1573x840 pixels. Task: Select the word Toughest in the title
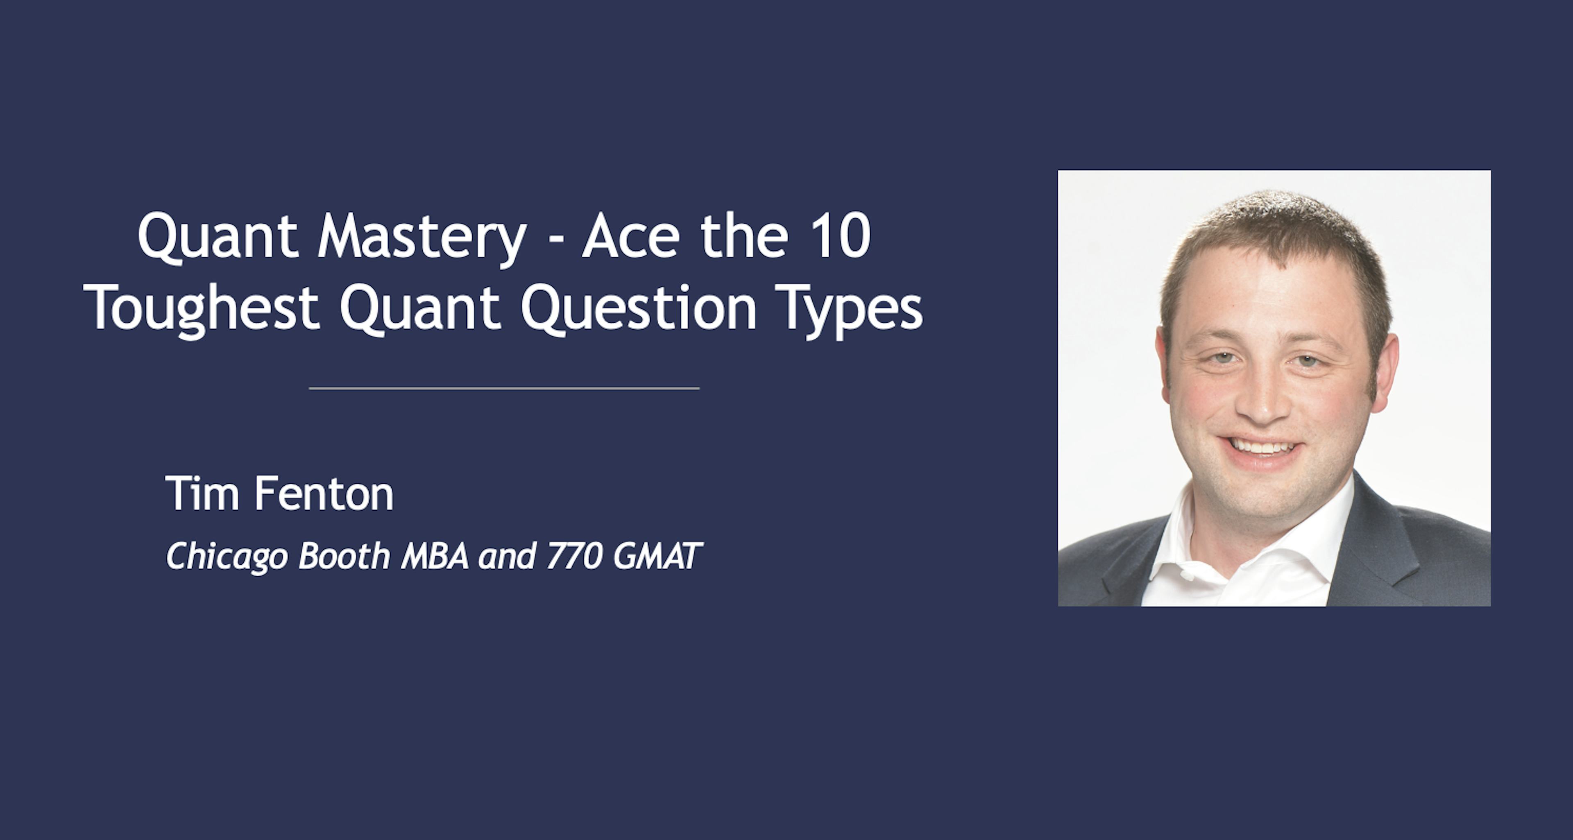pyautogui.click(x=202, y=309)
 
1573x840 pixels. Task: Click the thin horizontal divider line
pyautogui.click(x=504, y=388)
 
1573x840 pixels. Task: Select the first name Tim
pyautogui.click(x=202, y=493)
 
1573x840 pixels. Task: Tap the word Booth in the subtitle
pyautogui.click(x=344, y=555)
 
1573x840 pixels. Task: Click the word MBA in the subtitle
pyautogui.click(x=435, y=555)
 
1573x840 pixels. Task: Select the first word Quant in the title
pyautogui.click(x=218, y=237)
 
